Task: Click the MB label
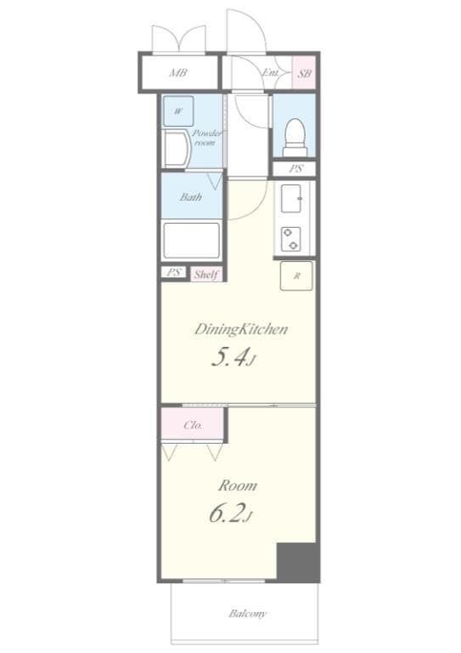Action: [177, 73]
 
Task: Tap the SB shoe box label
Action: [304, 74]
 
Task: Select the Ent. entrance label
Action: [271, 73]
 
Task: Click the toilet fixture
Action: [295, 133]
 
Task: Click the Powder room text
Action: [205, 138]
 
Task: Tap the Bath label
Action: [190, 197]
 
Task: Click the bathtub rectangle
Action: [191, 240]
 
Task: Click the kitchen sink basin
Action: [295, 202]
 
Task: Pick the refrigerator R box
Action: [296, 275]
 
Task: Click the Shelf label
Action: [206, 274]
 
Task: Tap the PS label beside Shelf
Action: [174, 273]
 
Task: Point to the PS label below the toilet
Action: [295, 168]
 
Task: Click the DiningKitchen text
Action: [241, 329]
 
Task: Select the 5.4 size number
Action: [231, 358]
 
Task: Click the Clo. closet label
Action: [193, 424]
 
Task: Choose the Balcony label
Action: [248, 613]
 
